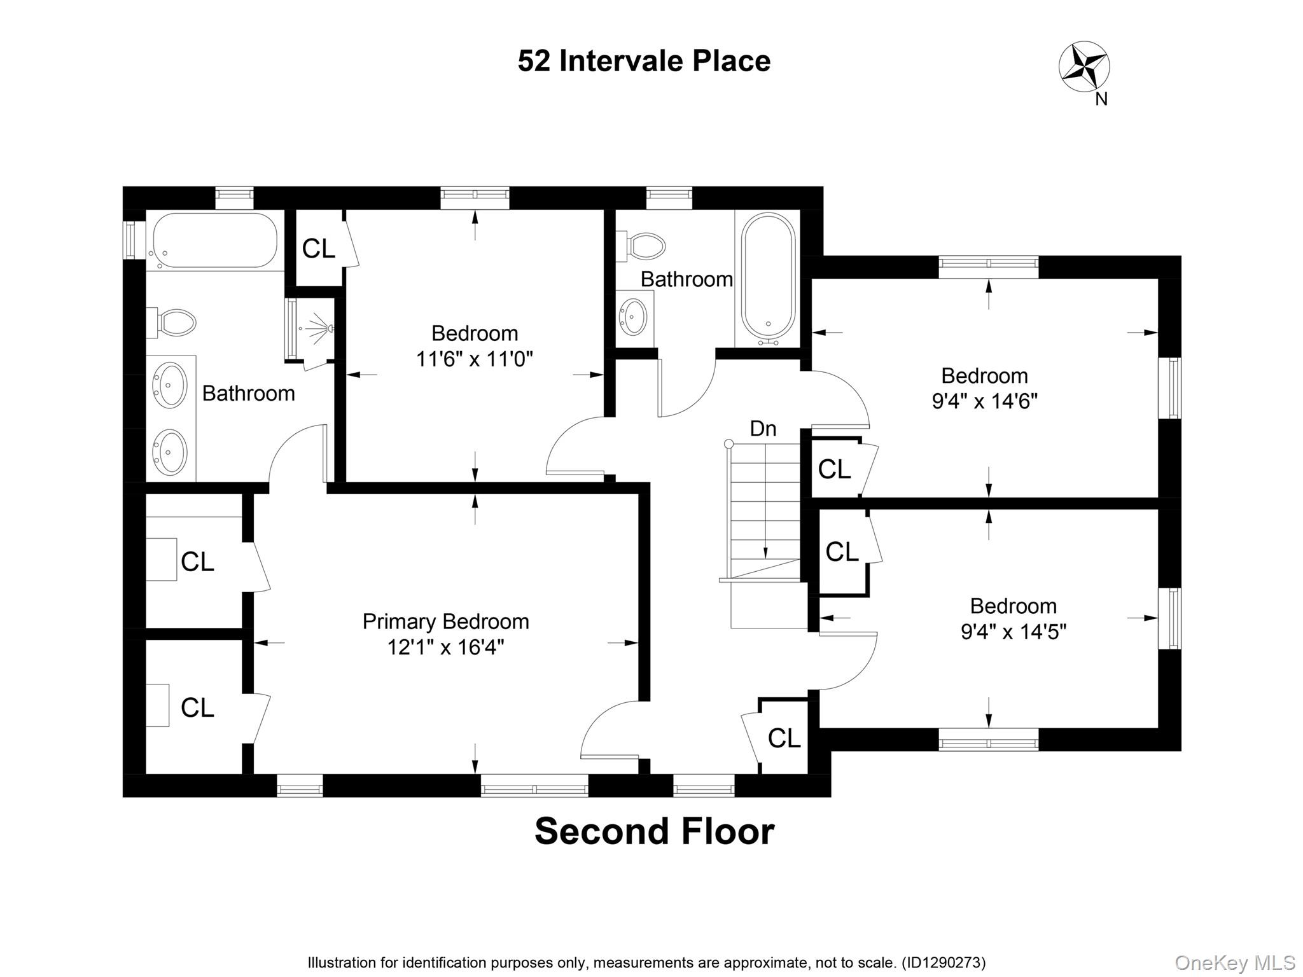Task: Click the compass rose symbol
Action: [1084, 66]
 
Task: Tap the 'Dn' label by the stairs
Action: [763, 429]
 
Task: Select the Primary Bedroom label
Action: [445, 621]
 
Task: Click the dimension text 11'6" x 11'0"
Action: [474, 359]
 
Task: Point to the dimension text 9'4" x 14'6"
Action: [984, 401]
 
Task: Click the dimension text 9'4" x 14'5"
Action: [1013, 632]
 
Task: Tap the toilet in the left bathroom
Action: [173, 323]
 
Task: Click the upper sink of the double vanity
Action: [170, 384]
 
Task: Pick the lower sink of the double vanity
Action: [170, 452]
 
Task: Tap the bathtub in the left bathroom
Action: [214, 240]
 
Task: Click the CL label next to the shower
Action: [318, 249]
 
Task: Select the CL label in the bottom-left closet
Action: [197, 707]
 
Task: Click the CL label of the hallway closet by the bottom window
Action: [784, 738]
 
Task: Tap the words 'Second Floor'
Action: [654, 831]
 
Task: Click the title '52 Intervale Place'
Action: [644, 61]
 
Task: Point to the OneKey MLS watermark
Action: [1234, 963]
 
